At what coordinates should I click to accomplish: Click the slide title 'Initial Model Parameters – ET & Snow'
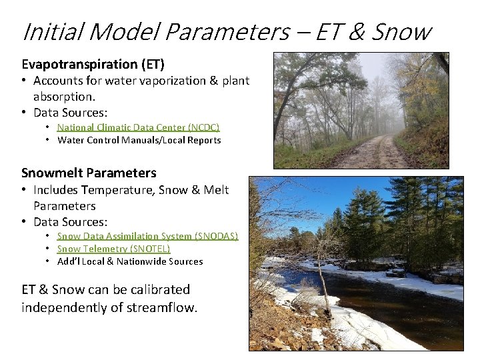coord(227,31)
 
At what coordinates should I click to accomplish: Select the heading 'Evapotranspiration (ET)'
coord(93,64)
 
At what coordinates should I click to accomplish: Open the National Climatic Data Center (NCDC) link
coord(138,127)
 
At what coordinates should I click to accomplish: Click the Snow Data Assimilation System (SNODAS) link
coord(147,236)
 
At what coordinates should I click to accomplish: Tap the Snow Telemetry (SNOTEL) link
coord(113,249)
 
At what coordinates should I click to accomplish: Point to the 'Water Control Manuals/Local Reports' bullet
coord(139,140)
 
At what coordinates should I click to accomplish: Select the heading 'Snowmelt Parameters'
coord(89,173)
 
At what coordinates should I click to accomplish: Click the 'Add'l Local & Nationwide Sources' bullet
coord(130,261)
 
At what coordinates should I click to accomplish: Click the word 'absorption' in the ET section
coord(63,96)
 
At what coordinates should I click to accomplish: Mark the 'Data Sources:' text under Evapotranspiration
coord(70,112)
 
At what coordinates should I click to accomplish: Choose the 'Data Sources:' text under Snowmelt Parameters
coord(70,221)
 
